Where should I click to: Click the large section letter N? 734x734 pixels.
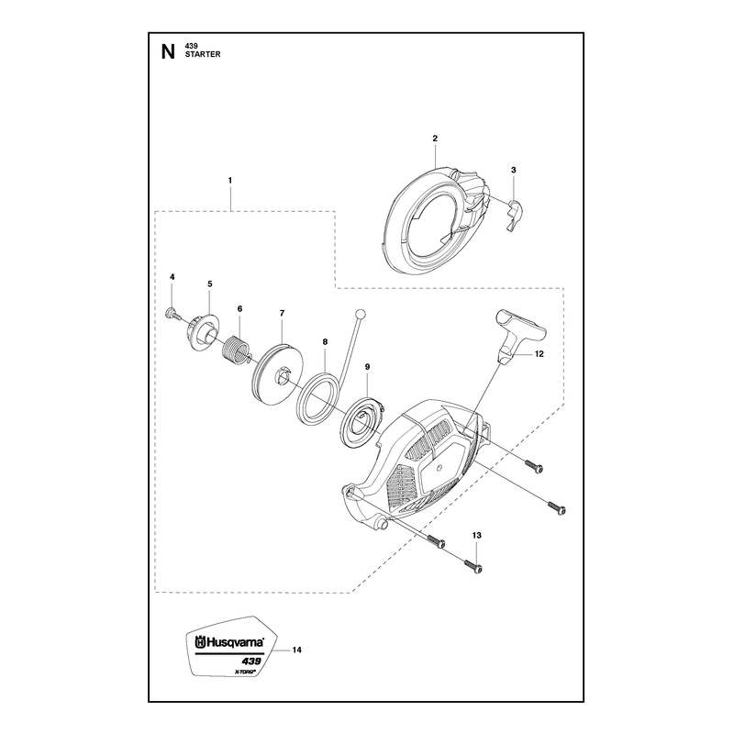click(168, 51)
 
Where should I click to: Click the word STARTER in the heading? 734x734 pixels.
click(203, 54)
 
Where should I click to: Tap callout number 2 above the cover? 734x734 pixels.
click(435, 139)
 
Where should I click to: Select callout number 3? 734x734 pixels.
click(514, 170)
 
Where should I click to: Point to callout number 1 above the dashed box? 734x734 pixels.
click(230, 180)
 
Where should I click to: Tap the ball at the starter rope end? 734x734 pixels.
click(360, 314)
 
